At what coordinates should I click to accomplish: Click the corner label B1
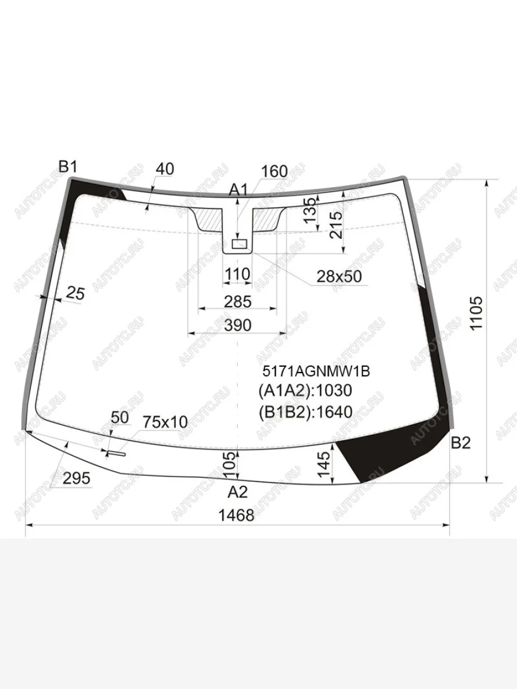(x=68, y=167)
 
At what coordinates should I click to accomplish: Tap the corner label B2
(x=461, y=443)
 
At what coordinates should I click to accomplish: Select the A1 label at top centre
(x=238, y=190)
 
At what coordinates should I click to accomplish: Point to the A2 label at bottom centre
(x=238, y=492)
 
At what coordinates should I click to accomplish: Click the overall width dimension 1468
(x=236, y=516)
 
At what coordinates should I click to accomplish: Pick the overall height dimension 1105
(x=476, y=313)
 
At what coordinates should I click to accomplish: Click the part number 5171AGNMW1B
(x=317, y=371)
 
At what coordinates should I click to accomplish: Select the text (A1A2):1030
(x=305, y=391)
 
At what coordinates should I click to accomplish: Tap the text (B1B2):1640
(x=306, y=412)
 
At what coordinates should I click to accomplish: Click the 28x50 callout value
(x=339, y=276)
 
